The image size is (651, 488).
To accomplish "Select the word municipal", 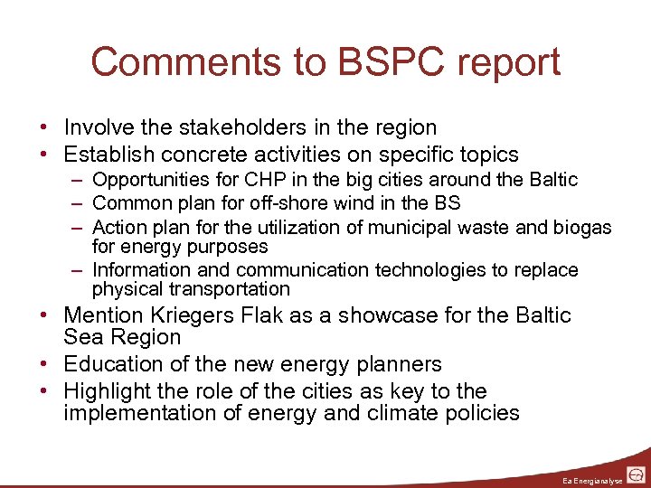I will pyautogui.click(x=422, y=227).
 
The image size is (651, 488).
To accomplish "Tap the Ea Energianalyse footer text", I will pyautogui.click(x=591, y=479).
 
